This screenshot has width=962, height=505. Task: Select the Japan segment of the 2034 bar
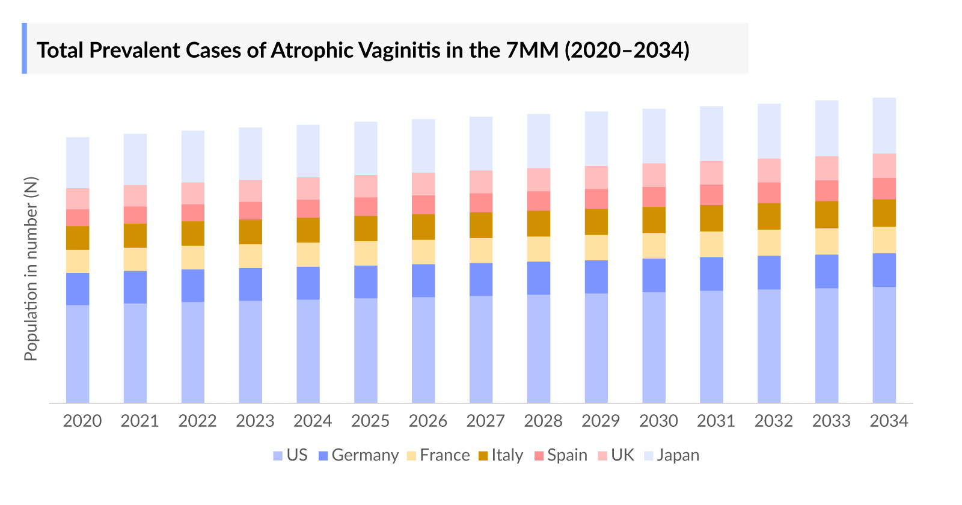(x=884, y=125)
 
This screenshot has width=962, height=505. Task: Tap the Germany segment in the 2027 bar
(x=481, y=279)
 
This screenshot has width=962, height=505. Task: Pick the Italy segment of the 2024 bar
(x=308, y=230)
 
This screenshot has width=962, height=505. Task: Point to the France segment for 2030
(x=654, y=246)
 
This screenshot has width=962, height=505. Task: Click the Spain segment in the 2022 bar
(x=193, y=213)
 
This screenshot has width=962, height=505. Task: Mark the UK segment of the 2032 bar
(x=769, y=170)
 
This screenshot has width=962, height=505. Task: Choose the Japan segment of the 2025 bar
(x=366, y=148)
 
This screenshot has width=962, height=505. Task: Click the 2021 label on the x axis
(x=139, y=421)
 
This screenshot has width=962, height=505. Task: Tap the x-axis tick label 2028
(x=543, y=421)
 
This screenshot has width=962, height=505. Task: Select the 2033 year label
(x=831, y=421)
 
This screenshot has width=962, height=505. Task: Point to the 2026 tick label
(x=427, y=421)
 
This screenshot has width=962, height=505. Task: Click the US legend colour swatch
(x=278, y=456)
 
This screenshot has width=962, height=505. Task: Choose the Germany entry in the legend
(x=364, y=455)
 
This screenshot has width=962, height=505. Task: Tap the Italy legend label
(x=507, y=455)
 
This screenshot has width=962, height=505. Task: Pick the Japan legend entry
(x=678, y=455)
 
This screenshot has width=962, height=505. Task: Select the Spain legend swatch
(x=539, y=456)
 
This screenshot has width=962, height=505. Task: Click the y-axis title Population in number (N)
(x=31, y=269)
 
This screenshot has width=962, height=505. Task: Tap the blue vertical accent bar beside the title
(x=25, y=48)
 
